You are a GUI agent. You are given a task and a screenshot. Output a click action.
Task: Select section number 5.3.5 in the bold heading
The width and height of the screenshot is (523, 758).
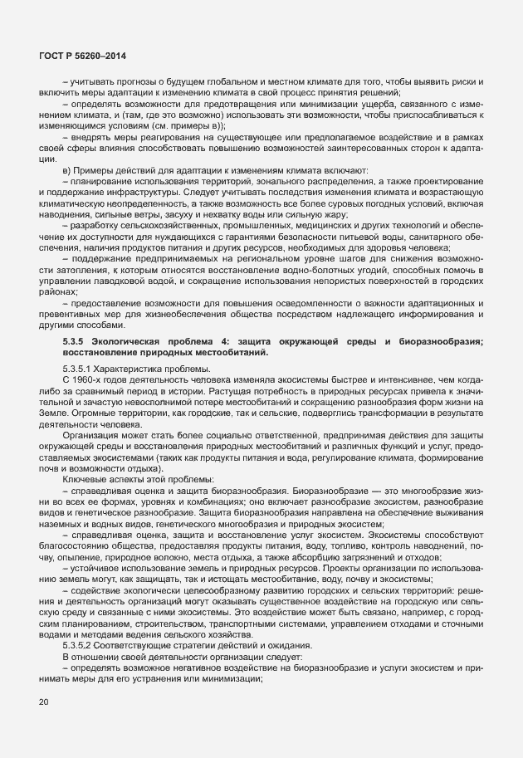click(x=74, y=342)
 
